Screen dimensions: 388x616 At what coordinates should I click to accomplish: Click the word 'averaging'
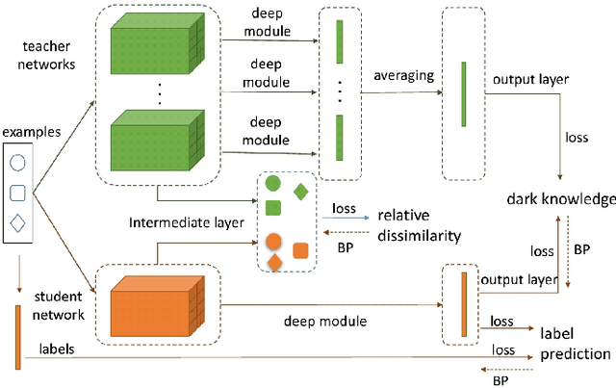[401, 74]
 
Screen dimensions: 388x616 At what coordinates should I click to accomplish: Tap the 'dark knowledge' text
[560, 199]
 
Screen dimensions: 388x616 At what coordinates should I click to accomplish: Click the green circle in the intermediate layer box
[273, 183]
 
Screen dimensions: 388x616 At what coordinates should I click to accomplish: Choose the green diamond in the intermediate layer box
[301, 192]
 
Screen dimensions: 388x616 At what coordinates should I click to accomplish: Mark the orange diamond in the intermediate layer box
[274, 262]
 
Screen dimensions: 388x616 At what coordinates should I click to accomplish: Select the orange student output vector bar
[463, 304]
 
